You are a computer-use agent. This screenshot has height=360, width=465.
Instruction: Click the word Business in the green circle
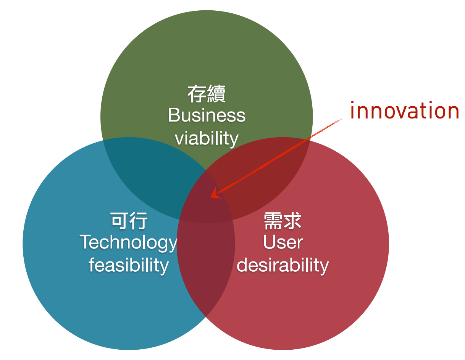[207, 115]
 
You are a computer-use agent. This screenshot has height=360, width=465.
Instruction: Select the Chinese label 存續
[207, 94]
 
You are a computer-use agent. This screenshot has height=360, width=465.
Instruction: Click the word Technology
[128, 243]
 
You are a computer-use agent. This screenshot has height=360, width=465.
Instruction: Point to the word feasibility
[129, 266]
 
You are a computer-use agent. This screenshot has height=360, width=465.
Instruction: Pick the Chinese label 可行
[129, 221]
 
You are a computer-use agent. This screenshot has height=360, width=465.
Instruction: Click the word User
[283, 242]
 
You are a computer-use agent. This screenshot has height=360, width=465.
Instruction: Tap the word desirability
[283, 266]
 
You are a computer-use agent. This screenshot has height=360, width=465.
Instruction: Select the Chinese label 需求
[283, 221]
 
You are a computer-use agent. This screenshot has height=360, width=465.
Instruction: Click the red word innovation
[404, 110]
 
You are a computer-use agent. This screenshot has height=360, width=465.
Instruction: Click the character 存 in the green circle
[197, 94]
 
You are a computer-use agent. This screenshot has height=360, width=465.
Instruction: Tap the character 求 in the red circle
[292, 221]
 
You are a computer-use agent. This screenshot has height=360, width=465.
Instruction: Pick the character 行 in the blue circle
[139, 221]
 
